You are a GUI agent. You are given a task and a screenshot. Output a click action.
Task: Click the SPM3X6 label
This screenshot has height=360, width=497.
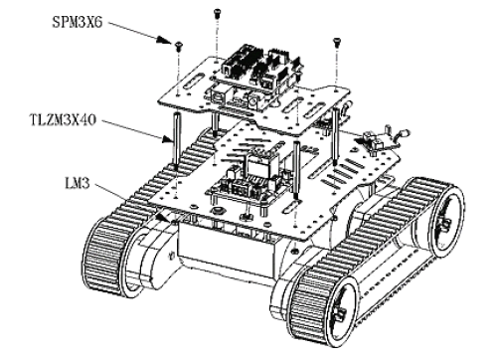(78, 22)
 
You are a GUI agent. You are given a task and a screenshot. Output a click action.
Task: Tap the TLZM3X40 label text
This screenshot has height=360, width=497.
(63, 119)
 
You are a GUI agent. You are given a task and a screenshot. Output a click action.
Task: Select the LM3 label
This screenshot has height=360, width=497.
(78, 183)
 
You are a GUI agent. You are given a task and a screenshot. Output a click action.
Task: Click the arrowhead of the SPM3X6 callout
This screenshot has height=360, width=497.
(163, 40)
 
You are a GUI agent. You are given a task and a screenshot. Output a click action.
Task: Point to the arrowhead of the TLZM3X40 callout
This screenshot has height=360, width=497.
(167, 139)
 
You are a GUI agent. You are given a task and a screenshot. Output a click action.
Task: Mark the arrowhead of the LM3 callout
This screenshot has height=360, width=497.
(162, 217)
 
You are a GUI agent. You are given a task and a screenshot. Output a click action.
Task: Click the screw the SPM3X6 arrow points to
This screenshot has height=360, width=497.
(179, 46)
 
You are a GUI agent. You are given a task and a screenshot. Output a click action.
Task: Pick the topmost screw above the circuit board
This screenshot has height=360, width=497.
(217, 13)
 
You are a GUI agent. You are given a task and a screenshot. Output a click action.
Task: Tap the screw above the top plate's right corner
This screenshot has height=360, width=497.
(337, 43)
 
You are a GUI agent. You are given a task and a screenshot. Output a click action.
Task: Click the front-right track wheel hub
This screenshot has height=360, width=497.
(340, 310)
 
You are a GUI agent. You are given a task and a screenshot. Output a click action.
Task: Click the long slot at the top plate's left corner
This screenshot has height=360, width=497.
(192, 82)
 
